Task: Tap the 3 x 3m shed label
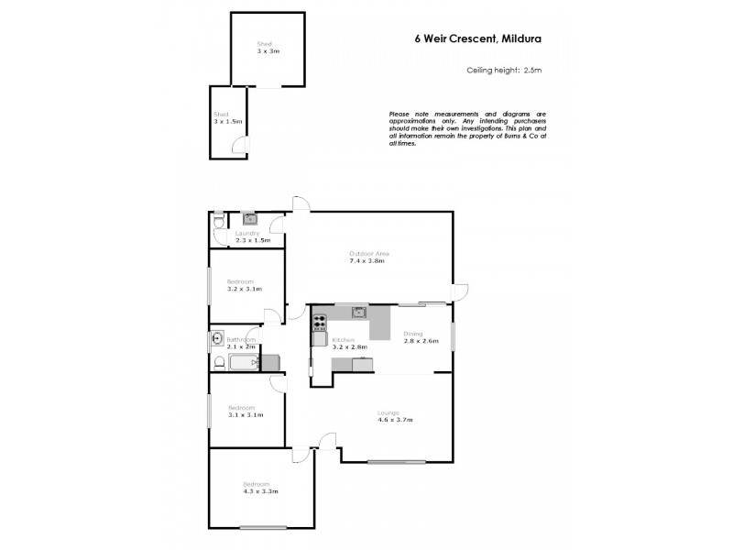[268, 48]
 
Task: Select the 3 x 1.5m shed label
[226, 117]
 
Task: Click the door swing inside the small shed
[239, 144]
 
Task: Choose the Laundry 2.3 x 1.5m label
[252, 236]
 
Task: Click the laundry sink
[249, 219]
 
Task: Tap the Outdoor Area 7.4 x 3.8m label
[369, 257]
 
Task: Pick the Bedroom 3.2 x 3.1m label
[244, 285]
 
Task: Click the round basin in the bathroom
[217, 337]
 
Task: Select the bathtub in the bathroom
[243, 363]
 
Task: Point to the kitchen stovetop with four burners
[319, 322]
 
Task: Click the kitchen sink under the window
[359, 312]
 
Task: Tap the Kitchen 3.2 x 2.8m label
[349, 344]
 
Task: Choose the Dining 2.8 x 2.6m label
[421, 338]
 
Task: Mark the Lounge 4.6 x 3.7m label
[395, 416]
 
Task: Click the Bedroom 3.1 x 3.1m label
[245, 411]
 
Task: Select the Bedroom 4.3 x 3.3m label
[260, 487]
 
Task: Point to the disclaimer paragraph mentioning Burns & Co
[467, 127]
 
